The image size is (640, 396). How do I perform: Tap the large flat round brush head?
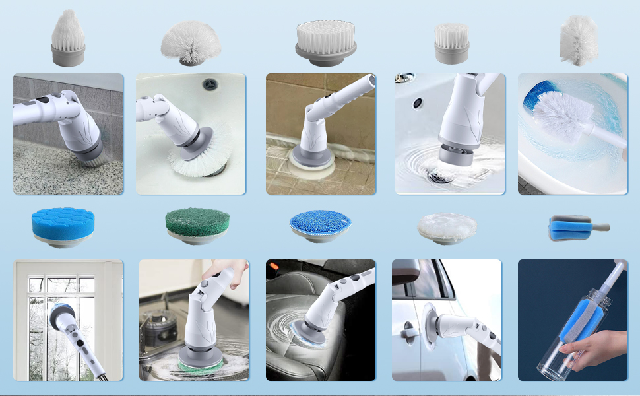click(x=326, y=41)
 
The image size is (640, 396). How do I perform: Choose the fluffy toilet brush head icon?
click(x=579, y=40)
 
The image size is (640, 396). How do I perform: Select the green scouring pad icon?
click(x=192, y=226)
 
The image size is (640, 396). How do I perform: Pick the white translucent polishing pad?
click(x=447, y=227)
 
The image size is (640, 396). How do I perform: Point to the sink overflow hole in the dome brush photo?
click(x=210, y=84)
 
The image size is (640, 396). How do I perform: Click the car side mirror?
click(x=406, y=272)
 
